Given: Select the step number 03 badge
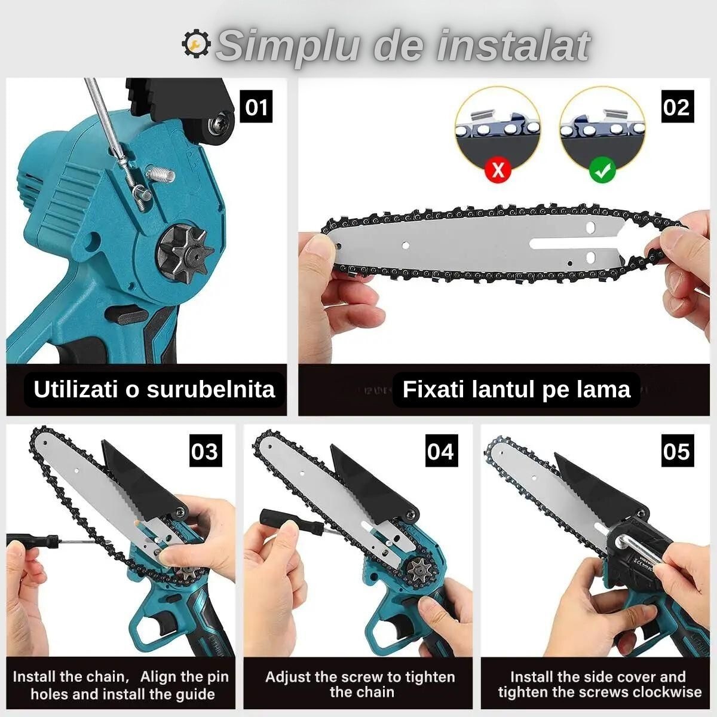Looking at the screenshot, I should click(204, 451).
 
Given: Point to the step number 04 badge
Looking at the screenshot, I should click(440, 451).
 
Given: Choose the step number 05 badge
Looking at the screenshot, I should click(676, 451).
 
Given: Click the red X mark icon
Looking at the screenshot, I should click(498, 171).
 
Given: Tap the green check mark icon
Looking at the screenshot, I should click(602, 171).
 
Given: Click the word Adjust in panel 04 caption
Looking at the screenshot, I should click(289, 677).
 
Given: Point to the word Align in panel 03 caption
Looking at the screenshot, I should click(160, 677).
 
